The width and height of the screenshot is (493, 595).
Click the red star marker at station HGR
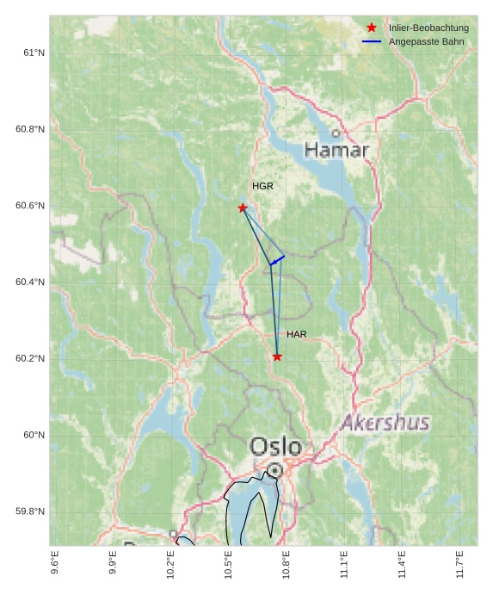(x=243, y=208)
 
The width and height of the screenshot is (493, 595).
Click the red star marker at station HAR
(x=277, y=356)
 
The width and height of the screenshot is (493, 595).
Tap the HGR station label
(x=262, y=186)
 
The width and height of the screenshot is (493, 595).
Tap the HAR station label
(x=297, y=334)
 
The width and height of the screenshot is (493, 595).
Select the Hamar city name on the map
(x=336, y=151)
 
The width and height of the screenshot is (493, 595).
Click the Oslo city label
(x=275, y=447)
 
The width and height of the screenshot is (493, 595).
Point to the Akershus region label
(x=385, y=423)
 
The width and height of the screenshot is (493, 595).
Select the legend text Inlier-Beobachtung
(x=428, y=28)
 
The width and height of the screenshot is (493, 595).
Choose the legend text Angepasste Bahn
(x=425, y=41)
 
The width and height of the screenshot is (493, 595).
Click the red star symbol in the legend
(x=372, y=28)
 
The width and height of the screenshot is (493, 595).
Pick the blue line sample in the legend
(x=372, y=41)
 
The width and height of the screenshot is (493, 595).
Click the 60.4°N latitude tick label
(x=30, y=282)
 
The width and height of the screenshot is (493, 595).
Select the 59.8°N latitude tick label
(x=30, y=511)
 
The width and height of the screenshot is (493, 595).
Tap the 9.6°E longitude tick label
(x=55, y=563)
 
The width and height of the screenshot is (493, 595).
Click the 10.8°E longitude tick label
(x=287, y=563)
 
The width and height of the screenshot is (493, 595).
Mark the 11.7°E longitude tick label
(x=460, y=563)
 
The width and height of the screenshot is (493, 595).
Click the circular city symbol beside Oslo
(x=274, y=470)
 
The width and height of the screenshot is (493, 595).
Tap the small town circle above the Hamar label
(x=336, y=133)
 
